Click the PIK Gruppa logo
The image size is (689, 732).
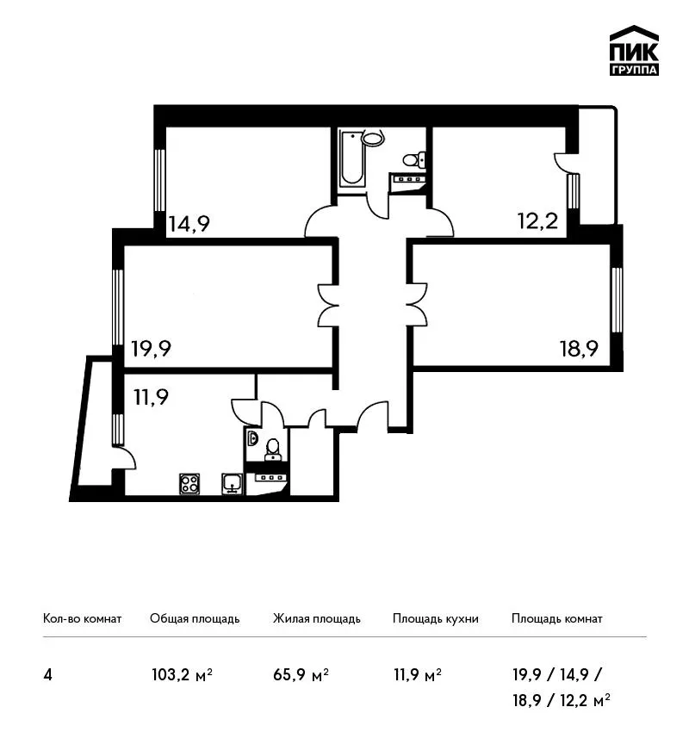click(634, 51)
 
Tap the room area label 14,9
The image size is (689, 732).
click(189, 224)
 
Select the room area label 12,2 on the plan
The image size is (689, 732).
click(537, 220)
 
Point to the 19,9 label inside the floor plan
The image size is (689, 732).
click(152, 348)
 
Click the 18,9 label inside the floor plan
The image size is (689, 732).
click(579, 348)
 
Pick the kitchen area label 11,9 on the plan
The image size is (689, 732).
click(151, 397)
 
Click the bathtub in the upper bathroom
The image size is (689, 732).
click(352, 158)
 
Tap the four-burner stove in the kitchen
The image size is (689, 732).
click(189, 484)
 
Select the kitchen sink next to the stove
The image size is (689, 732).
click(232, 484)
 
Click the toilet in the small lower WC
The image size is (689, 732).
click(273, 449)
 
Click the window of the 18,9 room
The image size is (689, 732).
click(617, 300)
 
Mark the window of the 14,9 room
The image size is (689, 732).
click(159, 180)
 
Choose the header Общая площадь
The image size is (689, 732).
click(195, 618)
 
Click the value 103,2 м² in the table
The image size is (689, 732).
click(182, 675)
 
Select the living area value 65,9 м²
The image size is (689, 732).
click(301, 675)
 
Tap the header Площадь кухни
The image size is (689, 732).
click(436, 618)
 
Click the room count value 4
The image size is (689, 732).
click(47, 675)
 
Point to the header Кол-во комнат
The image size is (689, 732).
click(82, 618)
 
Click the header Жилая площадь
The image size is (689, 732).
click(316, 618)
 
